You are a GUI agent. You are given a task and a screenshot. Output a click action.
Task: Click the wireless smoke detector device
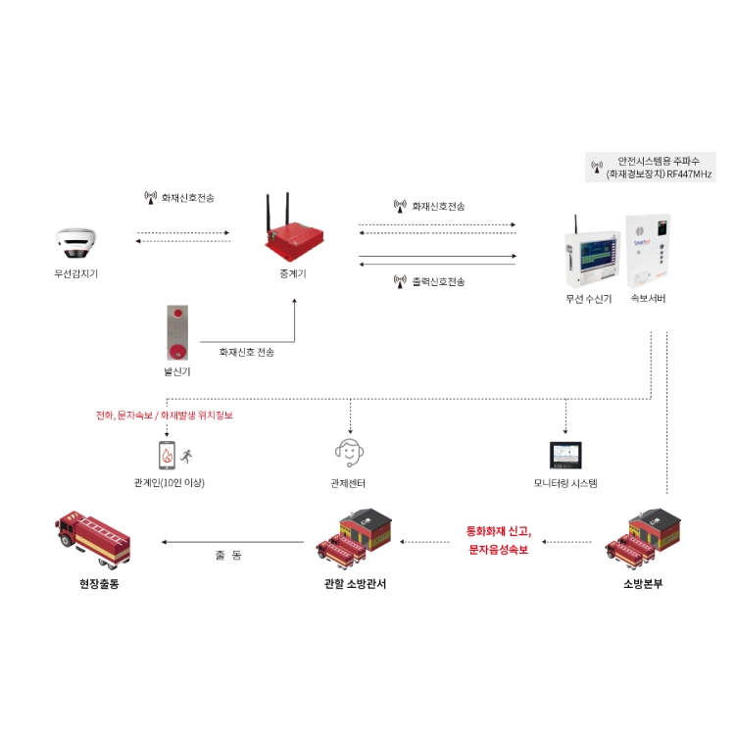pyautogui.click(x=75, y=243)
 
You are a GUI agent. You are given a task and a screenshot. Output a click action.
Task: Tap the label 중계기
pyautogui.click(x=293, y=273)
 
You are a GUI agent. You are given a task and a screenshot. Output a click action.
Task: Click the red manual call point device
pyautogui.click(x=177, y=332)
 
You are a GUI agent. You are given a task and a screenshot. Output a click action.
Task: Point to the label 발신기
pyautogui.click(x=177, y=371)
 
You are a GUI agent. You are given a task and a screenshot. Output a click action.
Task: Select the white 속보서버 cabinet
pyautogui.click(x=649, y=252)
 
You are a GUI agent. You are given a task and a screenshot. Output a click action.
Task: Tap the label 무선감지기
pyautogui.click(x=75, y=273)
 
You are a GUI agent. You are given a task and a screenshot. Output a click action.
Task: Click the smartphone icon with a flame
pyautogui.click(x=167, y=455)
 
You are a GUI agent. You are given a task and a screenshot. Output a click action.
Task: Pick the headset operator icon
pyautogui.click(x=349, y=453)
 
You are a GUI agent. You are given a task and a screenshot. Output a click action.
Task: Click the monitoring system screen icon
pyautogui.click(x=565, y=455)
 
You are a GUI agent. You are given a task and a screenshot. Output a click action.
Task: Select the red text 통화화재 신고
pyautogui.click(x=499, y=531)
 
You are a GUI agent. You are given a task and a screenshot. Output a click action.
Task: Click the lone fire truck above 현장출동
pyautogui.click(x=93, y=539)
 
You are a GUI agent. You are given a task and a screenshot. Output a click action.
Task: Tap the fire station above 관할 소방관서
pyautogui.click(x=354, y=538)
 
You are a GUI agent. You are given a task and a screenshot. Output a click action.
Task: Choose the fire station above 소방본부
pyautogui.click(x=643, y=538)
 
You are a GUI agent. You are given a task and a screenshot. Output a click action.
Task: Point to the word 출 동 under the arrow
pyautogui.click(x=228, y=556)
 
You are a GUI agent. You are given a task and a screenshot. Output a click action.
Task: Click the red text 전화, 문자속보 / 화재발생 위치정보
pyautogui.click(x=165, y=416)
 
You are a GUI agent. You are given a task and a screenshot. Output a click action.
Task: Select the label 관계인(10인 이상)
pyautogui.click(x=170, y=483)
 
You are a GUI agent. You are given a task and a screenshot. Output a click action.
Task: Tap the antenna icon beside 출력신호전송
pyautogui.click(x=400, y=281)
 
